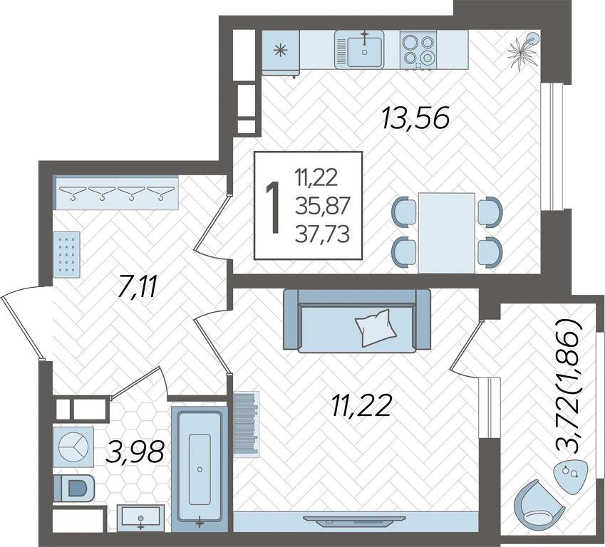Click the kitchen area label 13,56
point(416,118)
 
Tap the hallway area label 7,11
point(137,287)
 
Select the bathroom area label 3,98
point(135,452)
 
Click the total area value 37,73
point(322,234)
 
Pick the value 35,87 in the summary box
point(322,207)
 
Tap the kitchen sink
point(359,50)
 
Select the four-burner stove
point(418,50)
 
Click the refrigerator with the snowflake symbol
point(281,52)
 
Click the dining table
point(447,233)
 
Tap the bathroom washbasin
point(140,518)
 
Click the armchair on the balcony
point(539,504)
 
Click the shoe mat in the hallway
point(66,254)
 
